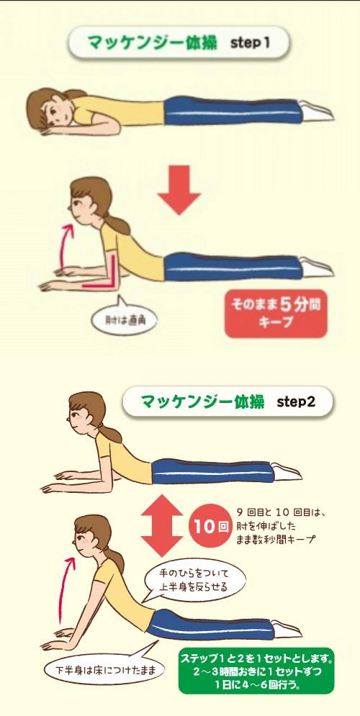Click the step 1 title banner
tap(179, 42)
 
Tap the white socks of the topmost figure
tap(315, 112)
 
